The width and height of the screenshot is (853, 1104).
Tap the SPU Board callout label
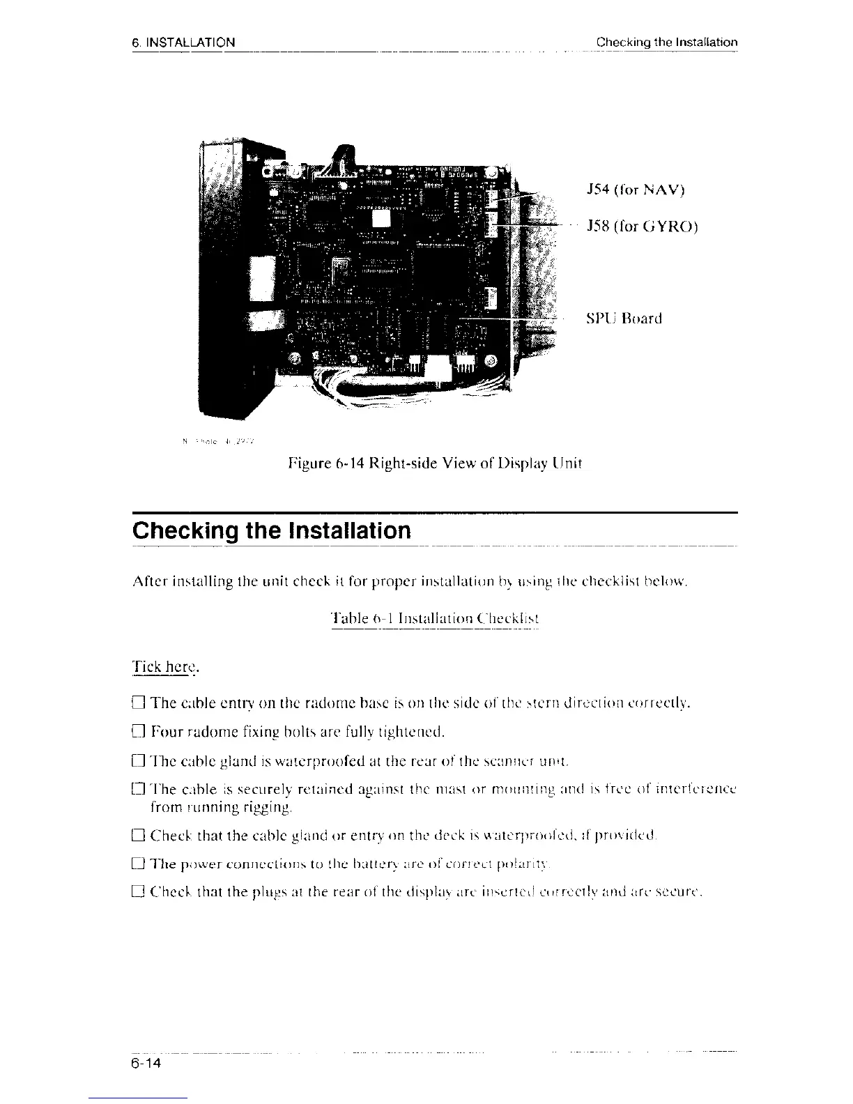(624, 319)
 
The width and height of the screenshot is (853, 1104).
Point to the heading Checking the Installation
(272, 530)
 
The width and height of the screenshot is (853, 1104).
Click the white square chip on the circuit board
(383, 218)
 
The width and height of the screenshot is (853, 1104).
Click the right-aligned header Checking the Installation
(666, 43)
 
